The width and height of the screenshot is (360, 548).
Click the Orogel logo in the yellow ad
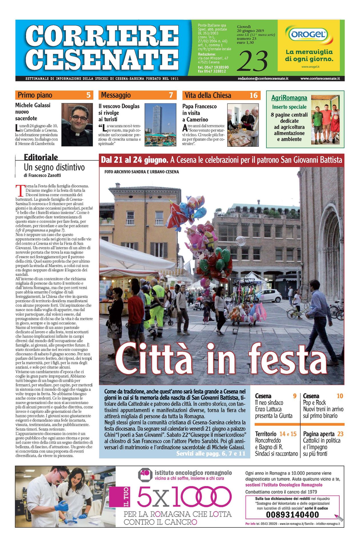[309, 35]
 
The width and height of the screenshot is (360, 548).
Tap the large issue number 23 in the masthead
[252, 61]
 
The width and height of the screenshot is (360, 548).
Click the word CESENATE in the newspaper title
[102, 59]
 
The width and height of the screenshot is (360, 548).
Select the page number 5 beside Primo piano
[88, 95]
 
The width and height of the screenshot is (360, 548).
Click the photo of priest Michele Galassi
[77, 125]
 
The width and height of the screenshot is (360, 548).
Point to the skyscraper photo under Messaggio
[160, 125]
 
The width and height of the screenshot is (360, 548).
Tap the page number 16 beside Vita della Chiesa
[254, 95]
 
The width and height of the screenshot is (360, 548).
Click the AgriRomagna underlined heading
[289, 98]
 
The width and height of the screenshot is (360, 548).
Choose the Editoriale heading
[41, 157]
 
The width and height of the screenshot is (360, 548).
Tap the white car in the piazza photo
[269, 295]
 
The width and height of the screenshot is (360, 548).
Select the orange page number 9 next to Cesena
[295, 396]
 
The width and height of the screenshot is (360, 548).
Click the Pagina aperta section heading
[319, 434]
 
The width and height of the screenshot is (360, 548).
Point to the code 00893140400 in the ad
[292, 515]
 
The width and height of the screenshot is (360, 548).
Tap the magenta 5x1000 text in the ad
[184, 496]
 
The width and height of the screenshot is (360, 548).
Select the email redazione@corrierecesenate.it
[263, 78]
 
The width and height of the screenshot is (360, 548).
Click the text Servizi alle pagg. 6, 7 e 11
[211, 454]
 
